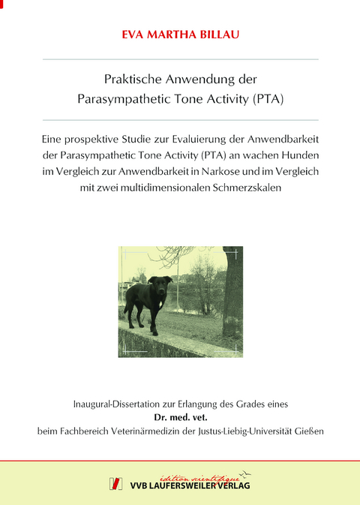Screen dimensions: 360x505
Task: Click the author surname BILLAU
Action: [211, 33]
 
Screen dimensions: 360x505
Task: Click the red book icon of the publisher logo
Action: [116, 483]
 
